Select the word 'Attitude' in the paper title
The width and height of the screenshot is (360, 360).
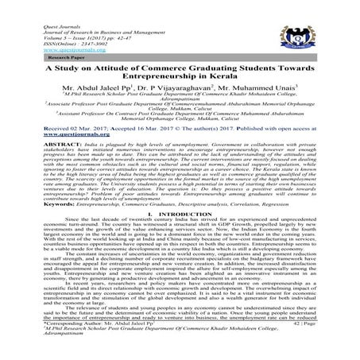click(x=112, y=73)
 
